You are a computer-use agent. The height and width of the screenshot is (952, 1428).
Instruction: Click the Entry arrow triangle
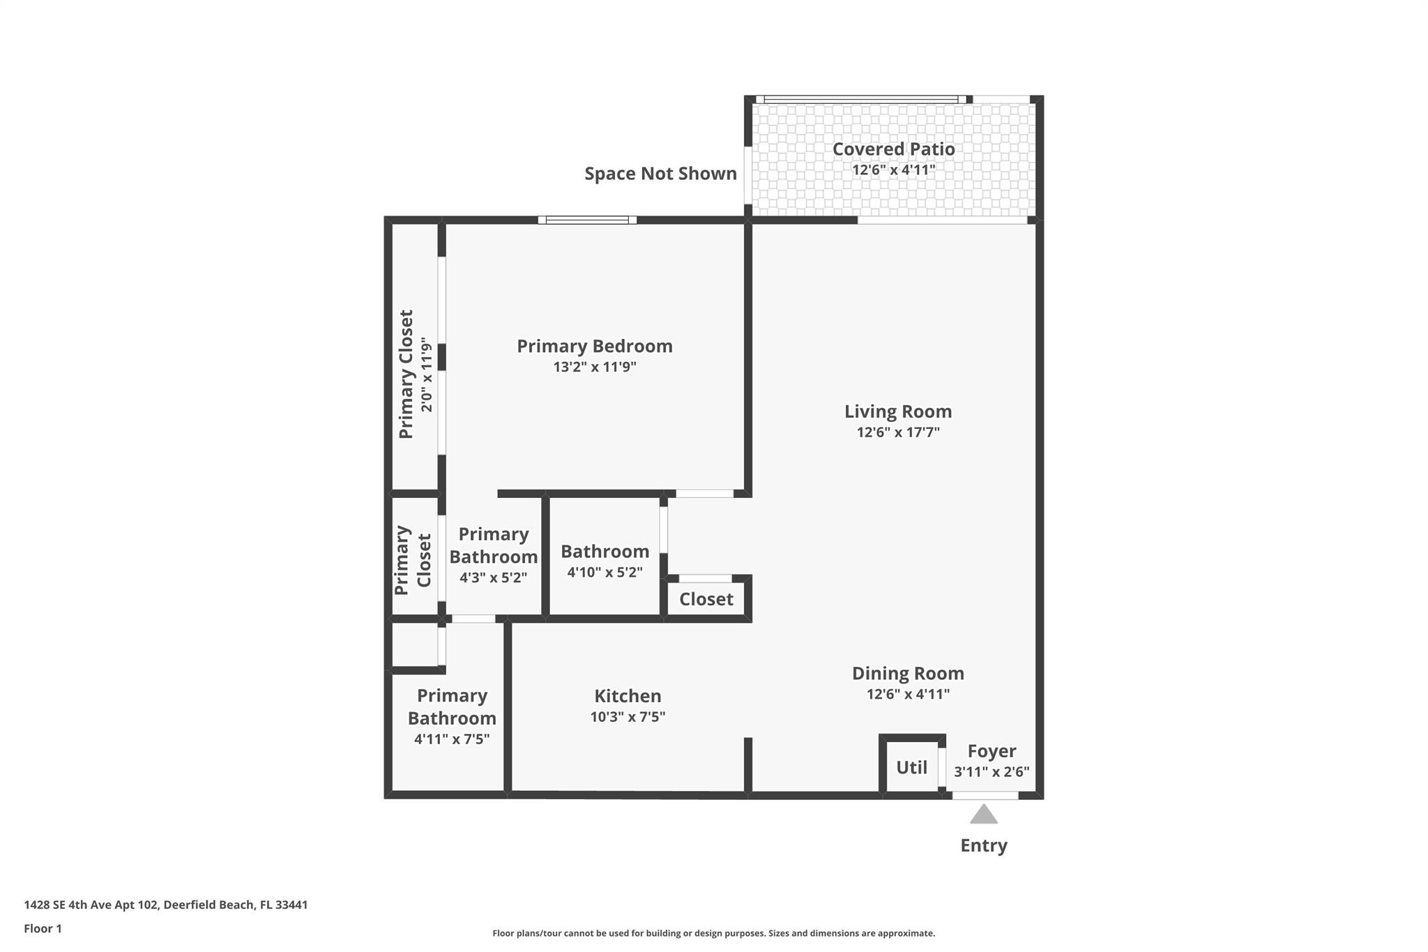pos(983,815)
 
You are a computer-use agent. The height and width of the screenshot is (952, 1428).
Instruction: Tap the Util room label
pos(911,768)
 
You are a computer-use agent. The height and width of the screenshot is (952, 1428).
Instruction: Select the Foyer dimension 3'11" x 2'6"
pos(992,772)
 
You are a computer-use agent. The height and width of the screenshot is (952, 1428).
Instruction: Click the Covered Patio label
pos(893,149)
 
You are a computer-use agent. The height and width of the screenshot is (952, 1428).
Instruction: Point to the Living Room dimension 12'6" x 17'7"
pos(898,432)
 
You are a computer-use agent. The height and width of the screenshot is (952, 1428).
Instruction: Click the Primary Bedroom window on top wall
pos(587,220)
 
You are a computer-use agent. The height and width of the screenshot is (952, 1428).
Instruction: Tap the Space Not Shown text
pos(660,174)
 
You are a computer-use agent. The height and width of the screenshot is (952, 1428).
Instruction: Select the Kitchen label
pos(628,696)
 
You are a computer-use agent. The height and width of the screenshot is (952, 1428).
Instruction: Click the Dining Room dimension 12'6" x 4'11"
pos(908,694)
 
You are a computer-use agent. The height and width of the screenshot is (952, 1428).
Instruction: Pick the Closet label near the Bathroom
pos(706,600)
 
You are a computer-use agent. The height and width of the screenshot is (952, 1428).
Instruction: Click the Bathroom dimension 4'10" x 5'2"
pos(605,573)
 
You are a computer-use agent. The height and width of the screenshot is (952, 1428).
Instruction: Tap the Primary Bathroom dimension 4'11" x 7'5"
pos(452,739)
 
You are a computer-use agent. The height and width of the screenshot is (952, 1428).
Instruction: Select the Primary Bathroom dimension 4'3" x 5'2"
pos(493,578)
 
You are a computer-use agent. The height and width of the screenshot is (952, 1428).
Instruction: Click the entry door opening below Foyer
pos(985,796)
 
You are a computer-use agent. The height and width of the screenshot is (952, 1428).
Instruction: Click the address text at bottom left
pos(166,905)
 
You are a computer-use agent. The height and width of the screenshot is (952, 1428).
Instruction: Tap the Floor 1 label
pos(43,929)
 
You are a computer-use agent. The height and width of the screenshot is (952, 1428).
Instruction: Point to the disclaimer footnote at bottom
pos(713,933)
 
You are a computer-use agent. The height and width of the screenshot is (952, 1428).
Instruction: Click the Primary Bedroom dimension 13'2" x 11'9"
pos(595,367)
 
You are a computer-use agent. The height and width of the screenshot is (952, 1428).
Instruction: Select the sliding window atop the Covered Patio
pos(860,100)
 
